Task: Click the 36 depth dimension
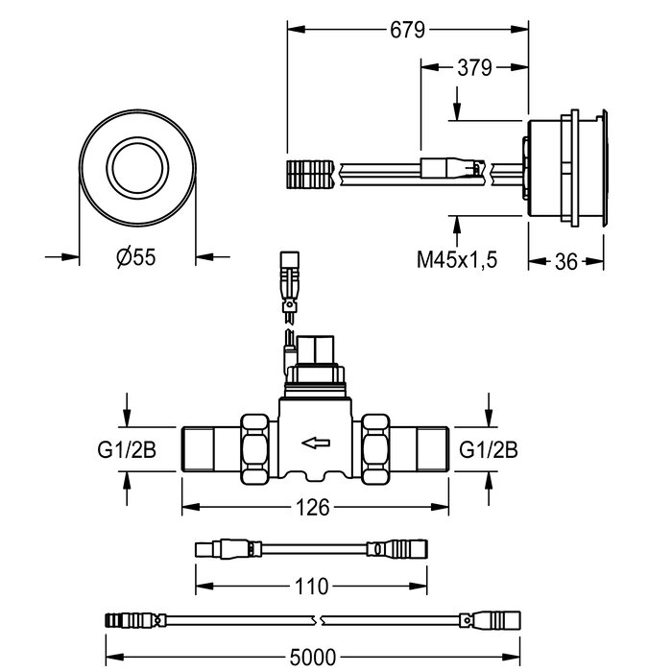tap(566, 261)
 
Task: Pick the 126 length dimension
tap(314, 508)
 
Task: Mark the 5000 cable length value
tap(313, 657)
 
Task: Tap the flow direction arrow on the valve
tap(315, 443)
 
